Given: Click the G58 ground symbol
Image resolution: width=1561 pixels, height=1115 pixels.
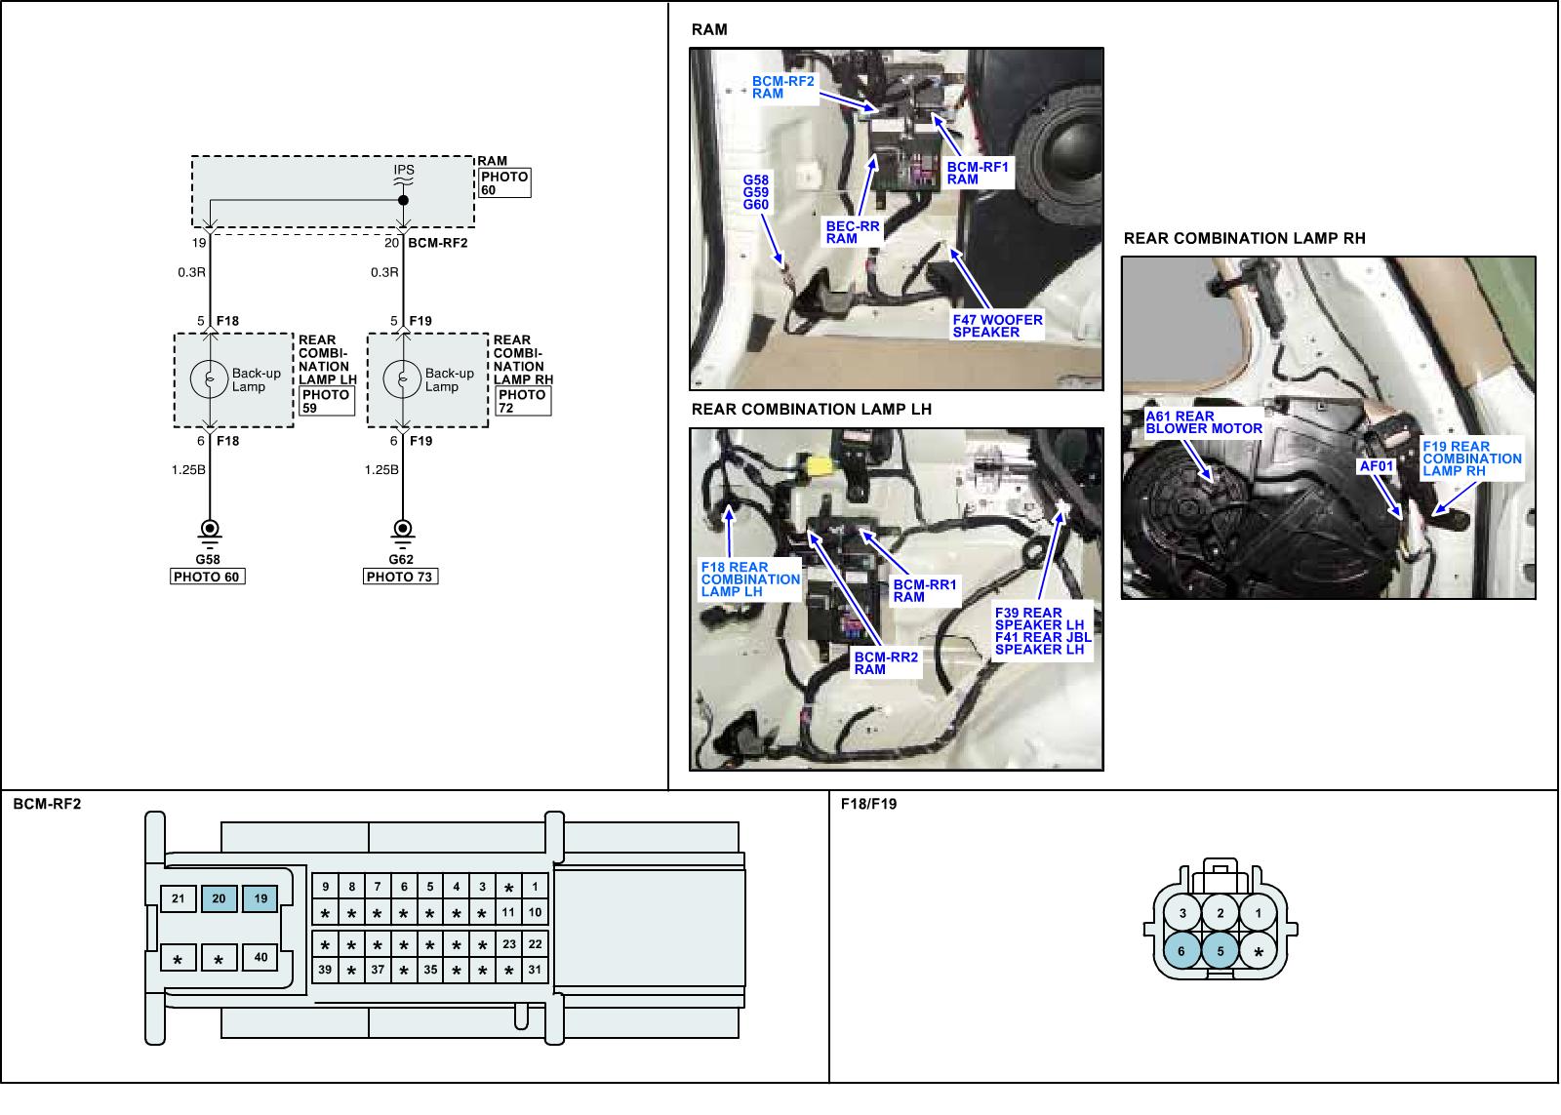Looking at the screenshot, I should click(209, 531).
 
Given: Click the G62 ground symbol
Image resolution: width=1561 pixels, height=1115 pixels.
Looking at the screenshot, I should click(401, 531).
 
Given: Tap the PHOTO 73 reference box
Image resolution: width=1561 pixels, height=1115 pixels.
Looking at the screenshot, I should click(400, 577).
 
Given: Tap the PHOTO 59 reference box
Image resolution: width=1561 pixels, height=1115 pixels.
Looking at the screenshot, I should click(325, 401).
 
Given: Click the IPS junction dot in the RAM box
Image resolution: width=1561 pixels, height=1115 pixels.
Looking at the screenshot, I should click(403, 200).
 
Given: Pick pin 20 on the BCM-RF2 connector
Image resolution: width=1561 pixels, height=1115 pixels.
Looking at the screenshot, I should click(220, 898).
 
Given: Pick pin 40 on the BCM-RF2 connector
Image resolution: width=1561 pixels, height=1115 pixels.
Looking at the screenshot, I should click(260, 958).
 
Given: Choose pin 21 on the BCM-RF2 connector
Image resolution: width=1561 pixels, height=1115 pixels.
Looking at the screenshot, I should click(179, 898).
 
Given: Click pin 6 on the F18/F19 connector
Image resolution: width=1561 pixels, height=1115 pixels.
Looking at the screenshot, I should click(1182, 951).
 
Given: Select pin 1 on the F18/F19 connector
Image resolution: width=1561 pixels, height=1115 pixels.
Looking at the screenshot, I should click(1259, 914).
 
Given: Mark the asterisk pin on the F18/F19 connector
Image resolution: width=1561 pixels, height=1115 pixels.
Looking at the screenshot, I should click(1259, 952).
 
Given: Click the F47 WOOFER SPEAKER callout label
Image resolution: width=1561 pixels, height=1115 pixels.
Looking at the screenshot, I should click(997, 326).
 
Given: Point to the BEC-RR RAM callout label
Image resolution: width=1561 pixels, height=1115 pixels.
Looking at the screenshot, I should click(853, 232).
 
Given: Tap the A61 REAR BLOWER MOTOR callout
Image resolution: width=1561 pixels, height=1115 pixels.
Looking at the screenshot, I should click(1204, 422).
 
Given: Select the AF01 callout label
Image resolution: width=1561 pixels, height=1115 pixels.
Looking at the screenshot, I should click(1377, 466).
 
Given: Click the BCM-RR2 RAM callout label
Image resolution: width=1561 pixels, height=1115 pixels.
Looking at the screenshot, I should click(886, 663).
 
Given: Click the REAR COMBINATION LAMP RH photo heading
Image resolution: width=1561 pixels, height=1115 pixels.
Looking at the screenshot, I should click(1244, 238).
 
